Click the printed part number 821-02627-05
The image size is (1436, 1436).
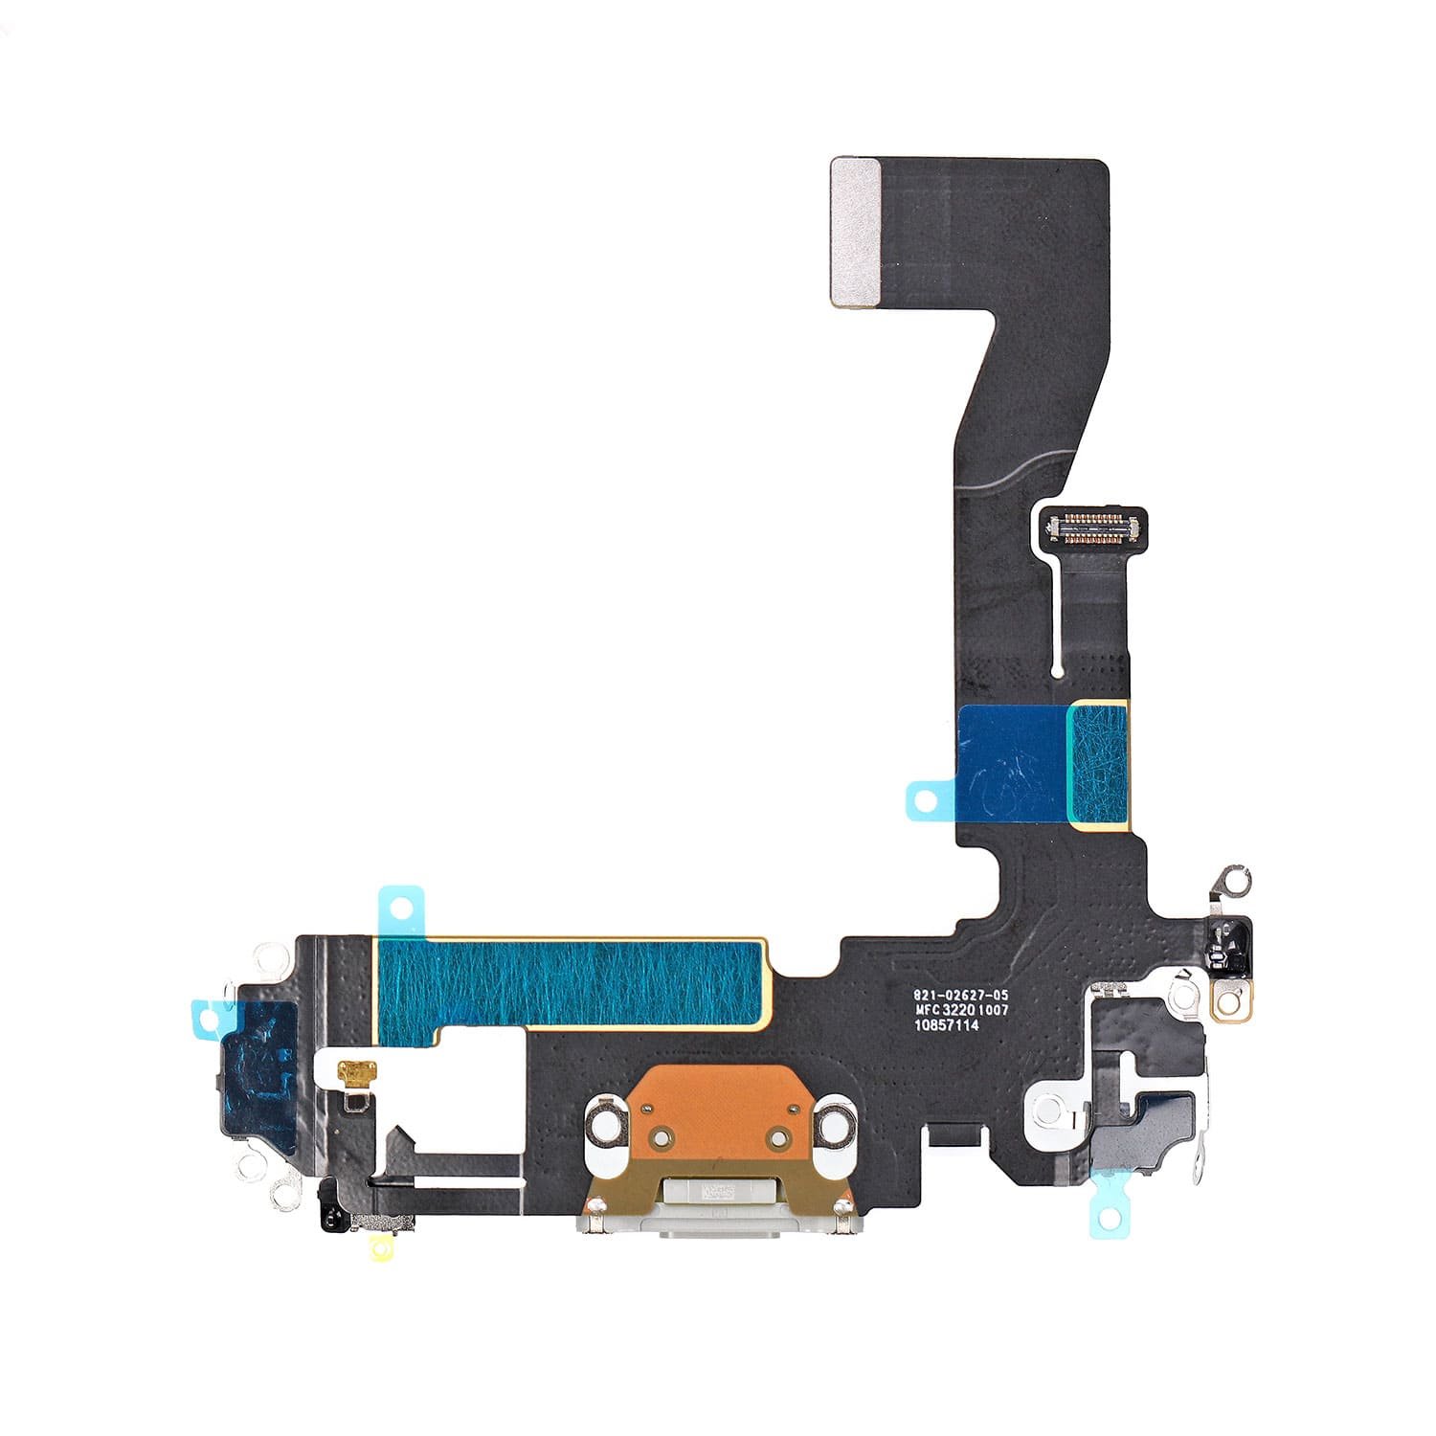pyautogui.click(x=960, y=996)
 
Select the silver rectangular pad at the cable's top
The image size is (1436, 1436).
pyautogui.click(x=856, y=233)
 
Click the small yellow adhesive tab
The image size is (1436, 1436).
pyautogui.click(x=382, y=1247)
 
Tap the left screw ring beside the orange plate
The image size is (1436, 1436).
pyautogui.click(x=605, y=1127)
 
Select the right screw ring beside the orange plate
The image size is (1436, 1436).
pyautogui.click(x=835, y=1127)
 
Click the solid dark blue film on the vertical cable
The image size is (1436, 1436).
pyautogui.click(x=1013, y=764)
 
